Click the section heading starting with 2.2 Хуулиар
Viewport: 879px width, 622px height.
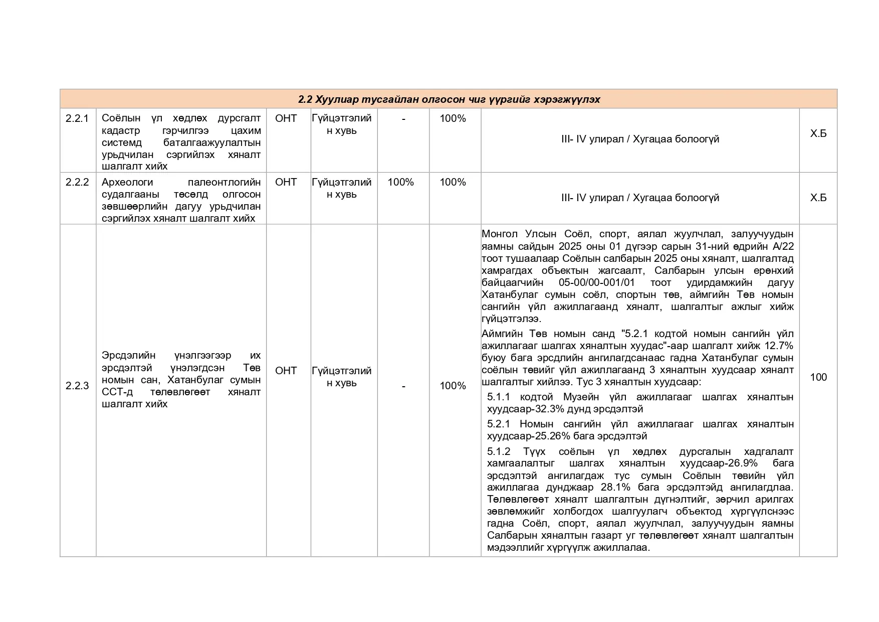(x=449, y=99)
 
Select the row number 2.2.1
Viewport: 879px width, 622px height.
(x=77, y=118)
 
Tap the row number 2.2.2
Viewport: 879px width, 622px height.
(x=77, y=182)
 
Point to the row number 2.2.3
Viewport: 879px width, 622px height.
(x=77, y=386)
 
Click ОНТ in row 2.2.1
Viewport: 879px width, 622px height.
(x=286, y=118)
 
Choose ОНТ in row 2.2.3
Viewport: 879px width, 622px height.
(x=286, y=371)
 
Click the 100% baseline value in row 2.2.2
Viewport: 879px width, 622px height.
(x=400, y=182)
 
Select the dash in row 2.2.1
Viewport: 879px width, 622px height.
(x=403, y=118)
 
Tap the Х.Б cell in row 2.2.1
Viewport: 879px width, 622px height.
(x=818, y=133)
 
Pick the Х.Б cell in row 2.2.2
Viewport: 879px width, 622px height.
(x=818, y=198)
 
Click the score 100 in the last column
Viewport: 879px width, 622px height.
(x=818, y=377)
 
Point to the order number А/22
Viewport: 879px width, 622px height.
(x=783, y=246)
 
